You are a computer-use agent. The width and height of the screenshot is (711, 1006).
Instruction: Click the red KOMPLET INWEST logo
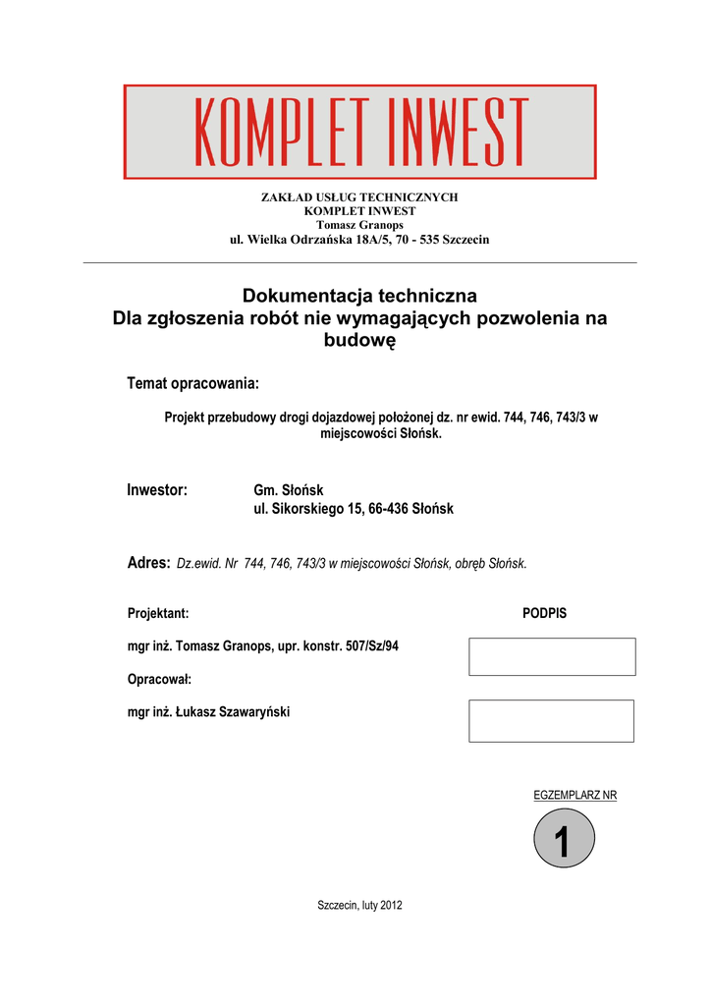(359, 132)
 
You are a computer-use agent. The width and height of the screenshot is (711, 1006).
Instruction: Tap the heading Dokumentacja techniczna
(359, 296)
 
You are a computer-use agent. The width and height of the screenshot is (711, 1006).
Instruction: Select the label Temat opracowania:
(193, 381)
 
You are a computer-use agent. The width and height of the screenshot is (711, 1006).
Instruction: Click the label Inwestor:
(157, 490)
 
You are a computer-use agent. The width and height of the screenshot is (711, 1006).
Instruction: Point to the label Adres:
(149, 562)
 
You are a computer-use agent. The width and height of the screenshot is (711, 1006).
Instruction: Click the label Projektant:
(158, 613)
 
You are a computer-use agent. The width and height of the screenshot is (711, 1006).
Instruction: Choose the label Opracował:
(159, 679)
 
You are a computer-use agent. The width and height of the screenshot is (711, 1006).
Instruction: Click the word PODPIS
(544, 613)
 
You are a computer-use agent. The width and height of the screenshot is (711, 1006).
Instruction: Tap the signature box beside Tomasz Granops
(552, 656)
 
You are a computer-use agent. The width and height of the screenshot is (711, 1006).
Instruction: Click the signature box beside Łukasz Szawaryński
(551, 720)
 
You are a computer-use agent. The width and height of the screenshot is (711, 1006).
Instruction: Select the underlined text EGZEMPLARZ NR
(574, 795)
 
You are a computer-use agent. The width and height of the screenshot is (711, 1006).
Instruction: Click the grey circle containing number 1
(564, 844)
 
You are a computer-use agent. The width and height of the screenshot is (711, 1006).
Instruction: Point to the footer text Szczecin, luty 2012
(359, 905)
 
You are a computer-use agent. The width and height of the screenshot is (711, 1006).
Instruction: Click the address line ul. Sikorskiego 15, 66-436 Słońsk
(354, 509)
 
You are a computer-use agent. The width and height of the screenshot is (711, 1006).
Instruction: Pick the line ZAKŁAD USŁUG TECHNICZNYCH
(359, 197)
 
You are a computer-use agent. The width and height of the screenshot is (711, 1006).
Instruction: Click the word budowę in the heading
(359, 341)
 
